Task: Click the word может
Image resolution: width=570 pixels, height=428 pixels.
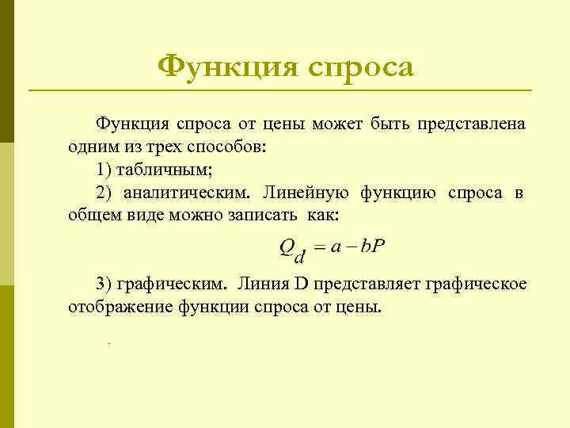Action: coord(338,124)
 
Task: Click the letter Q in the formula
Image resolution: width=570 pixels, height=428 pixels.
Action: coord(287,248)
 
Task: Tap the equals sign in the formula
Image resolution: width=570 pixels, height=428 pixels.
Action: coord(319,249)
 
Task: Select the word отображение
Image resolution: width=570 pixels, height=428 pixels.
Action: coord(111,306)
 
